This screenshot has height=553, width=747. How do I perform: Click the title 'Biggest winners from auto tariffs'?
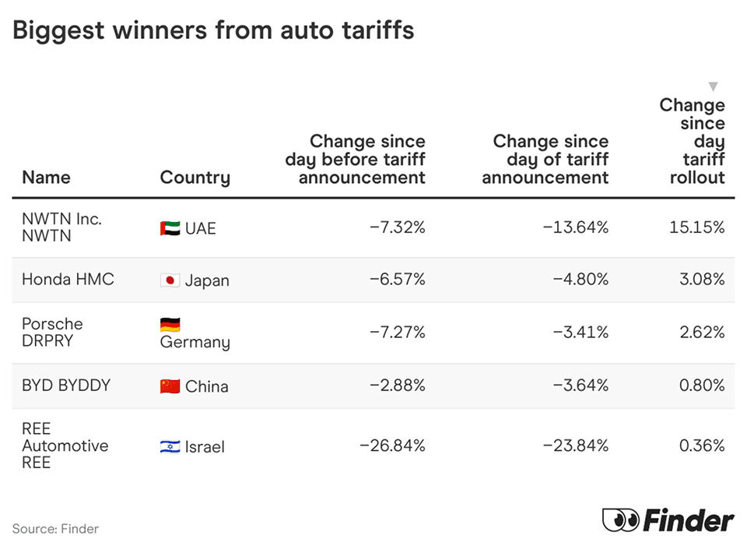tap(213, 30)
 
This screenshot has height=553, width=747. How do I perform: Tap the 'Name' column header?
tap(46, 178)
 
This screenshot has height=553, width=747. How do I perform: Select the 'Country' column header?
tap(195, 178)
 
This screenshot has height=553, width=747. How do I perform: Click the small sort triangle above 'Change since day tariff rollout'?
tap(713, 86)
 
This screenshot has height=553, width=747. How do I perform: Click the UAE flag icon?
tap(170, 228)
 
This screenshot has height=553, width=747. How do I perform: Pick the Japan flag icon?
tap(170, 280)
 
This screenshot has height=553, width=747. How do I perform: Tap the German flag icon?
tap(170, 325)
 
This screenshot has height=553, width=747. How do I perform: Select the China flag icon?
tap(170, 386)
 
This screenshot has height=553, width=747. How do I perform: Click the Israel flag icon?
tap(170, 446)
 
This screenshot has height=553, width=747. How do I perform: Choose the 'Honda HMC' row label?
tap(68, 280)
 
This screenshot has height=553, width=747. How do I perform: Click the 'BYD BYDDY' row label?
tap(66, 386)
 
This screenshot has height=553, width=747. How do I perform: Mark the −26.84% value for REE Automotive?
tap(392, 446)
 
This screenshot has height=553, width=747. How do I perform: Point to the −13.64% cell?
tap(576, 227)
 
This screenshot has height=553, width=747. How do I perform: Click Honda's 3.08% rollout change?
tap(702, 280)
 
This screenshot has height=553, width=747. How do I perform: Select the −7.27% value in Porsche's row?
tap(397, 333)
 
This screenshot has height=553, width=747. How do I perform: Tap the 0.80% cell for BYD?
tap(702, 386)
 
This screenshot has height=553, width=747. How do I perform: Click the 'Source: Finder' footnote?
tap(55, 529)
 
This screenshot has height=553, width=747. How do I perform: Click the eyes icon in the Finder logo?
tap(620, 520)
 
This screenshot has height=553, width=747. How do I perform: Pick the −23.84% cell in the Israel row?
tap(575, 446)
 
